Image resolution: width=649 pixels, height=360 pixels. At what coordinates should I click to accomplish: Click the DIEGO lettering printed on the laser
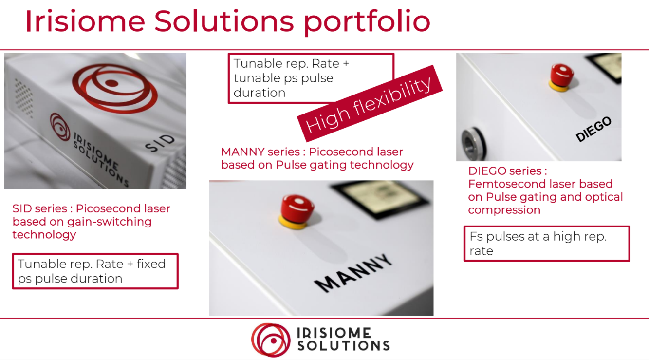coord(593,130)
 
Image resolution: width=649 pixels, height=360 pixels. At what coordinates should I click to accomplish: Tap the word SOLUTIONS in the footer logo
coord(343,346)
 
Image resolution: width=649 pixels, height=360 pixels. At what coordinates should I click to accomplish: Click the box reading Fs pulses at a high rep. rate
coord(546,244)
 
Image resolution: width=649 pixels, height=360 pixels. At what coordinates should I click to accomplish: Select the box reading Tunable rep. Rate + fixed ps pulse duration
coord(95,271)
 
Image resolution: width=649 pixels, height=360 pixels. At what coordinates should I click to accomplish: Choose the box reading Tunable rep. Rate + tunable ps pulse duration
coord(311,78)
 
